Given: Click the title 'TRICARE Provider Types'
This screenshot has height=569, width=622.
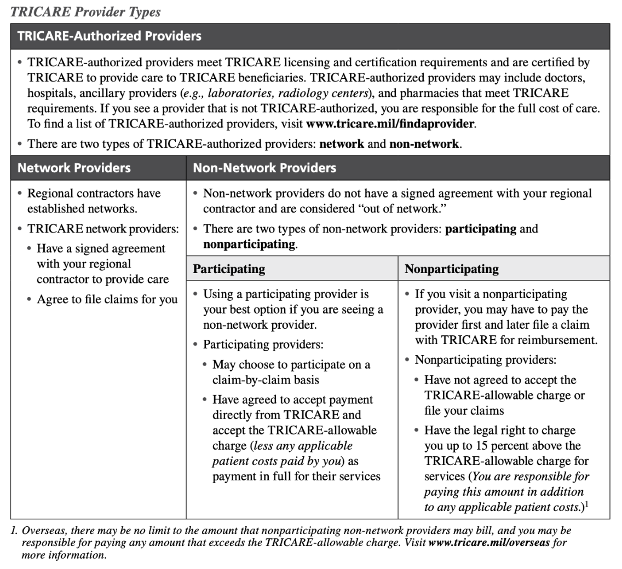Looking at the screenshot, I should (85, 11).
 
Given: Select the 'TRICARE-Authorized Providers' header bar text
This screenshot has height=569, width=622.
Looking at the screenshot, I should (110, 37).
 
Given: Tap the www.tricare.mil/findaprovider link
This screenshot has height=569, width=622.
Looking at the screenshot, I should (390, 124).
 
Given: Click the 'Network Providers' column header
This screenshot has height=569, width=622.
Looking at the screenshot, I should (74, 168).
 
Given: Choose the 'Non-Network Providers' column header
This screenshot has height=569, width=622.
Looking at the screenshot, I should (264, 168).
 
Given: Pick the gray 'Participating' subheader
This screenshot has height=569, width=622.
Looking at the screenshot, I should (229, 269).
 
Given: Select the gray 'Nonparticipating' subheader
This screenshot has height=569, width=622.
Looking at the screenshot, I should (451, 269).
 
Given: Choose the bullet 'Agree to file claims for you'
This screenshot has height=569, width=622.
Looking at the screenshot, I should (107, 299).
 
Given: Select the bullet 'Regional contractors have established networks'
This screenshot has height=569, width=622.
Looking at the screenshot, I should (94, 201).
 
